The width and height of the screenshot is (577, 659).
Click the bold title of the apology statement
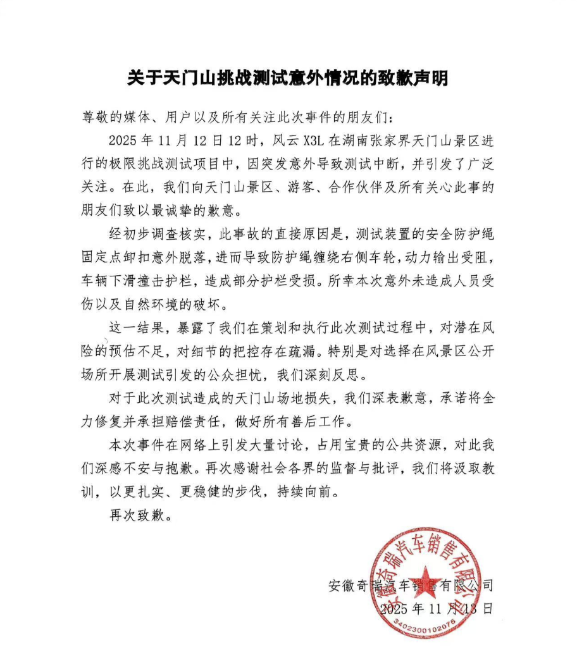tap(288, 78)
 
